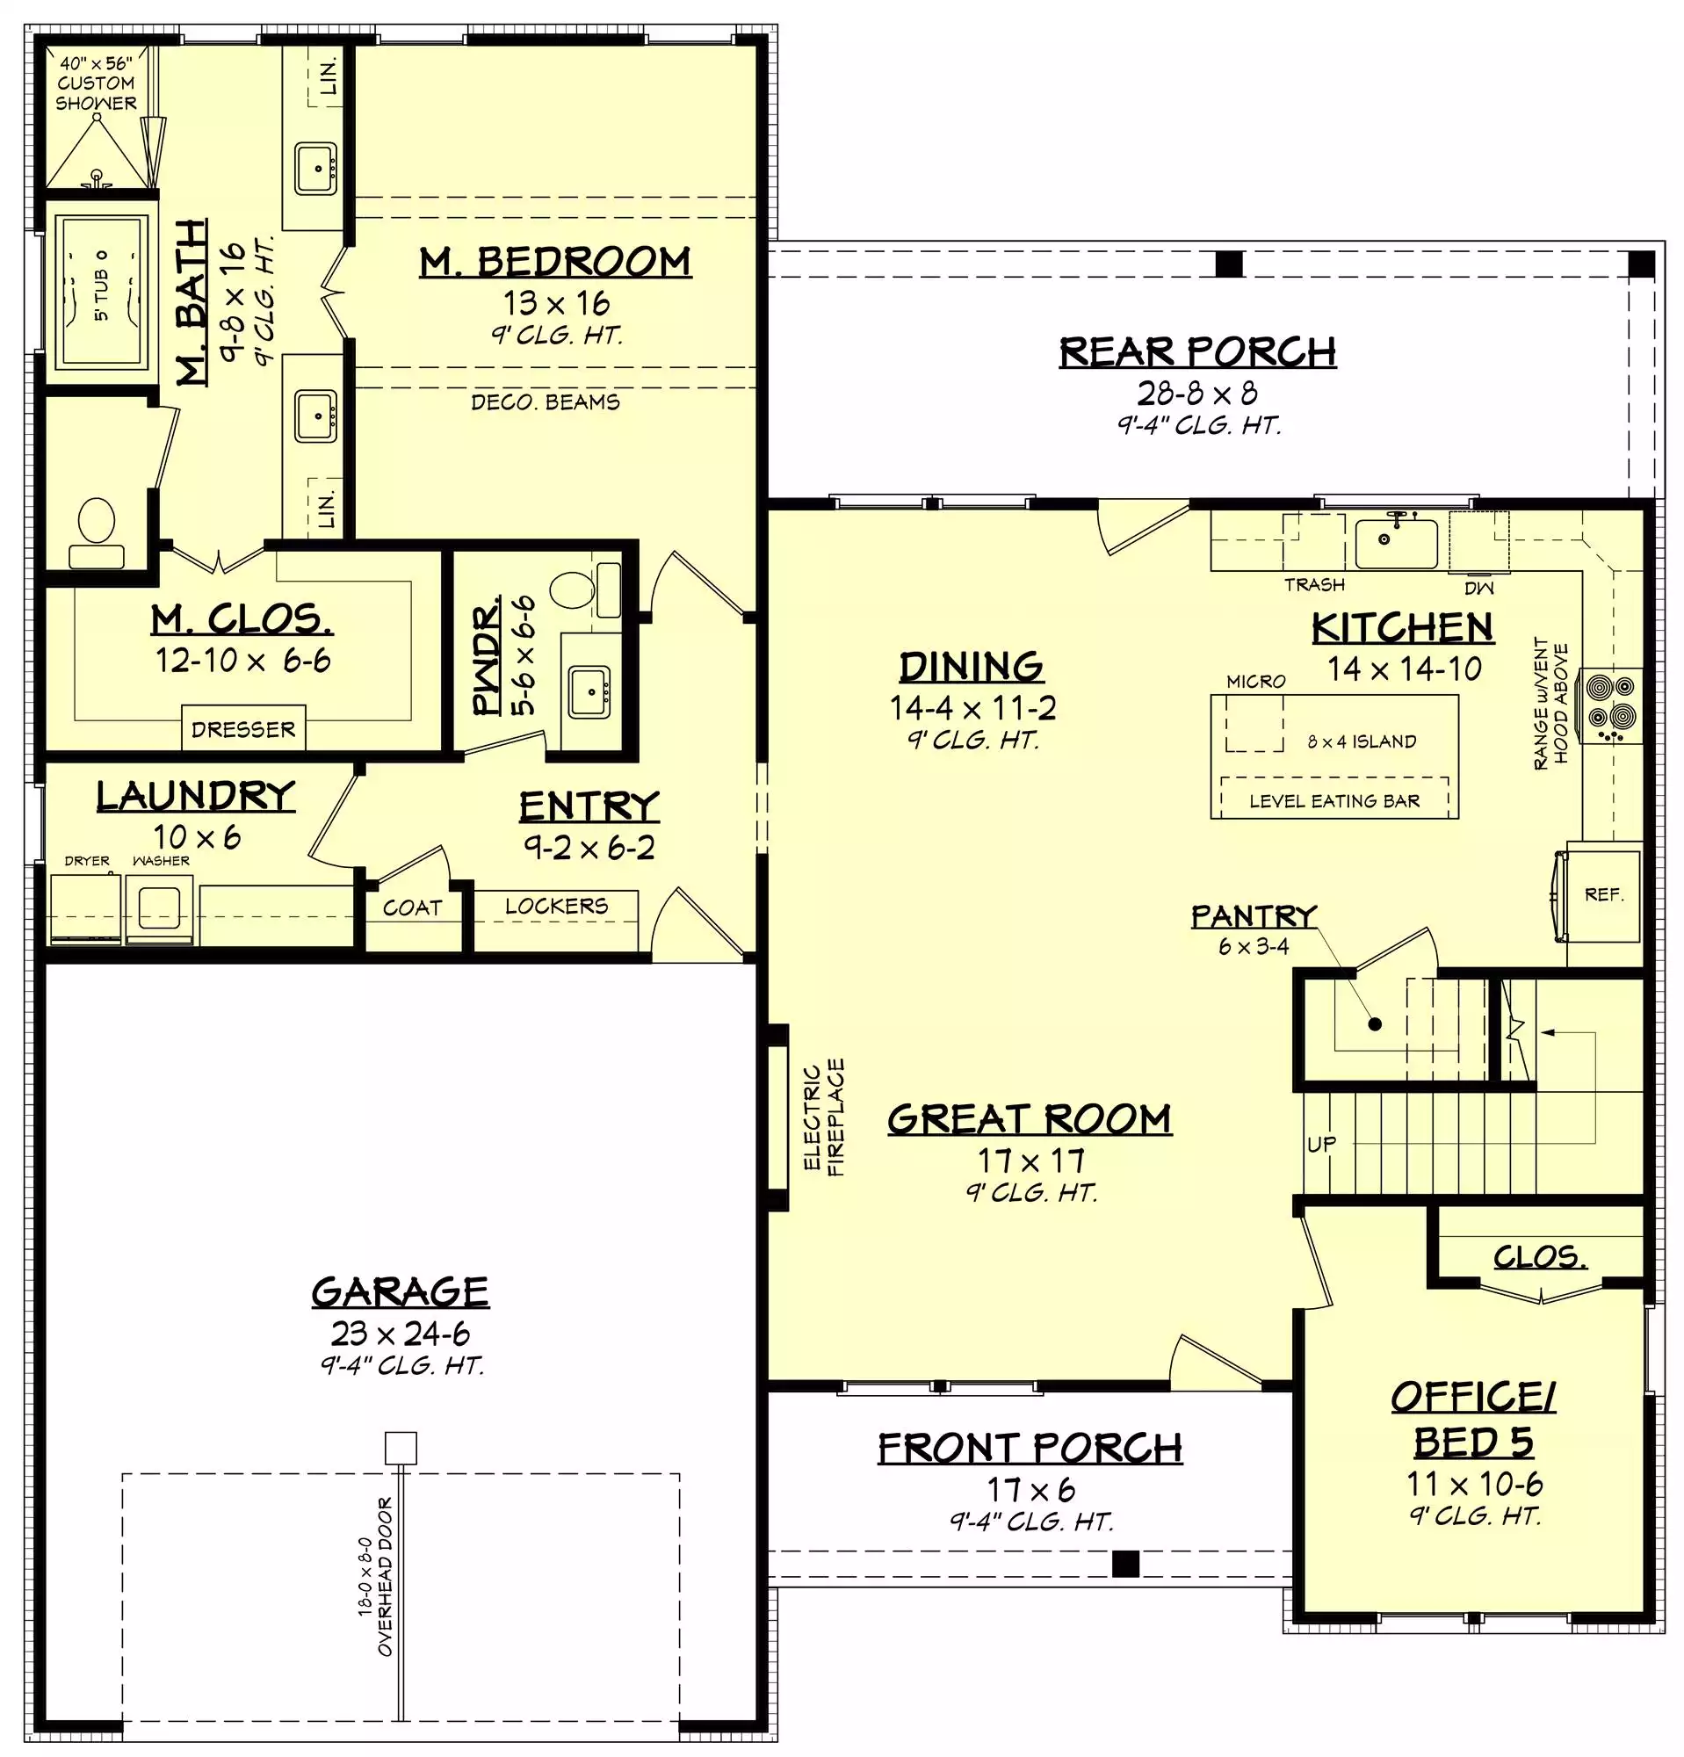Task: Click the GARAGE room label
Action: click(400, 1291)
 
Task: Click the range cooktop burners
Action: click(1610, 705)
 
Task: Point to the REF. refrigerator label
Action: click(1603, 893)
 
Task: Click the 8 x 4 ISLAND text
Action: click(1362, 741)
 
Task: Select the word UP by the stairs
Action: click(1321, 1144)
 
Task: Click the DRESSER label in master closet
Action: click(242, 729)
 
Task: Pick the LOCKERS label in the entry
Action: click(556, 906)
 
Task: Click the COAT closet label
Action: click(412, 907)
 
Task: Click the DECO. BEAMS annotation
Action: click(545, 401)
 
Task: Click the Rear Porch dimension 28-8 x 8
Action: click(1197, 393)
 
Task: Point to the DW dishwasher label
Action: click(1478, 588)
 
